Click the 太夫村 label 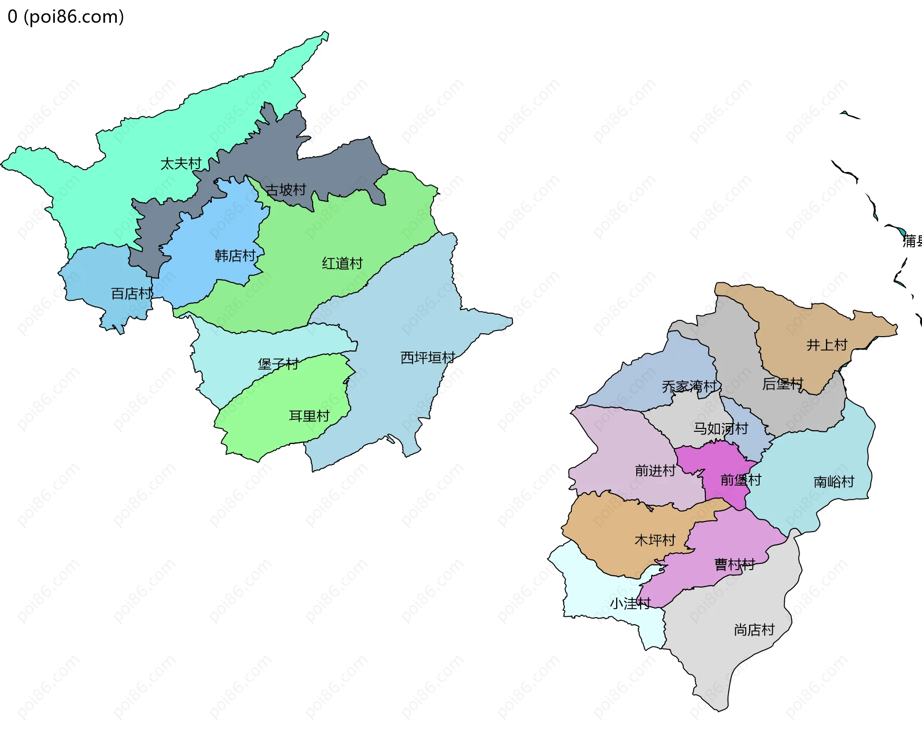coord(181,164)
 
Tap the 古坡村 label coord(286,190)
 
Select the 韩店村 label coord(235,256)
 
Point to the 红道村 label coord(342,263)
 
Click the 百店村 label coord(131,293)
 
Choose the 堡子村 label coord(278,364)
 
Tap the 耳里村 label coord(309,416)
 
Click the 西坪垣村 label coord(427,357)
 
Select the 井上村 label coord(826,345)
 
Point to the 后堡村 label coord(782,384)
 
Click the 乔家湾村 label coord(689,386)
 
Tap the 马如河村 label coord(720,428)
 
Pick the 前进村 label coord(655,470)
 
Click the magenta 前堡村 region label coord(740,480)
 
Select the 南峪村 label coord(834,482)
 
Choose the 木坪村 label coord(655,540)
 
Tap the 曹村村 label coord(734,564)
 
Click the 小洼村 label coord(630,603)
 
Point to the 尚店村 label coord(754,630)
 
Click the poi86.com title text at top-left coord(66,17)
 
